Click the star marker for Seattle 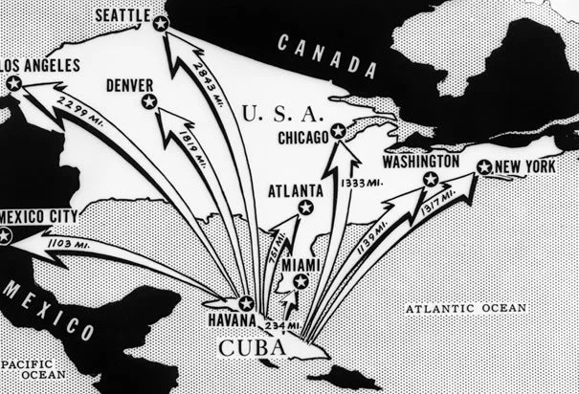click(161, 23)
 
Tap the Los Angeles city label click(40, 65)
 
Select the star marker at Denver click(148, 101)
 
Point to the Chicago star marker click(337, 131)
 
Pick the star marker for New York click(484, 167)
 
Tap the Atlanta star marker click(305, 207)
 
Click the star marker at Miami click(301, 281)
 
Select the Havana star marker click(245, 303)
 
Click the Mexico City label click(39, 216)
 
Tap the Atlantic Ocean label click(465, 308)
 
